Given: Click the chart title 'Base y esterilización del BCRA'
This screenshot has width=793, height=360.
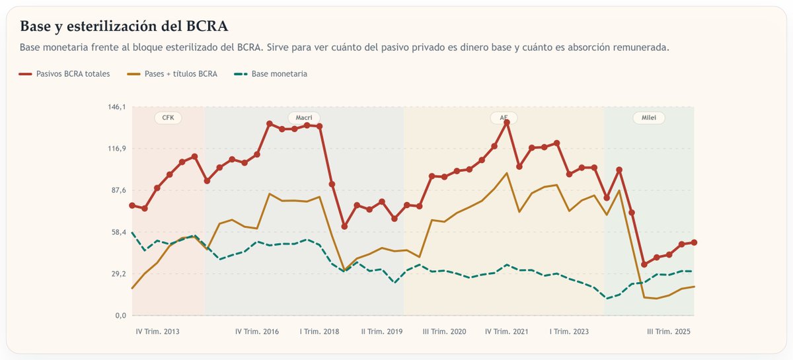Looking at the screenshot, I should pyautogui.click(x=124, y=26).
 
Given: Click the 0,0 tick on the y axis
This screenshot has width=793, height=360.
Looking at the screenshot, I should pyautogui.click(x=119, y=315).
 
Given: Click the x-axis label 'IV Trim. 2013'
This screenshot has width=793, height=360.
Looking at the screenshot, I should pyautogui.click(x=157, y=332).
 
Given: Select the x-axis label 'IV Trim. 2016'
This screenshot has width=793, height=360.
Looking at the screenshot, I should pyautogui.click(x=257, y=332).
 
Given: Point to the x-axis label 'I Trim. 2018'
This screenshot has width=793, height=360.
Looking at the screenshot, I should pyautogui.click(x=319, y=332).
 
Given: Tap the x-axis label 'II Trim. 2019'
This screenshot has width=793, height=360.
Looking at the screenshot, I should pyautogui.click(x=382, y=332).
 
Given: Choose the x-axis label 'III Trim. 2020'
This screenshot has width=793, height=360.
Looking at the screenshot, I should pyautogui.click(x=445, y=332).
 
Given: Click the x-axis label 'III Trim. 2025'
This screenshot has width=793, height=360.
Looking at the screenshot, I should pyautogui.click(x=668, y=332).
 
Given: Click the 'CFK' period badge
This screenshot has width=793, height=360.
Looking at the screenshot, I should pyautogui.click(x=168, y=118).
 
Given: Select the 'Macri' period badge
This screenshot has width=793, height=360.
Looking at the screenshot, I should pyautogui.click(x=304, y=118).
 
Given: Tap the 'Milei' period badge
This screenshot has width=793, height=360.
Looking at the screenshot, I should pyautogui.click(x=649, y=118).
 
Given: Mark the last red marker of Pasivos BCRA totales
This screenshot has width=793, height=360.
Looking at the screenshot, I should pyautogui.click(x=694, y=242).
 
